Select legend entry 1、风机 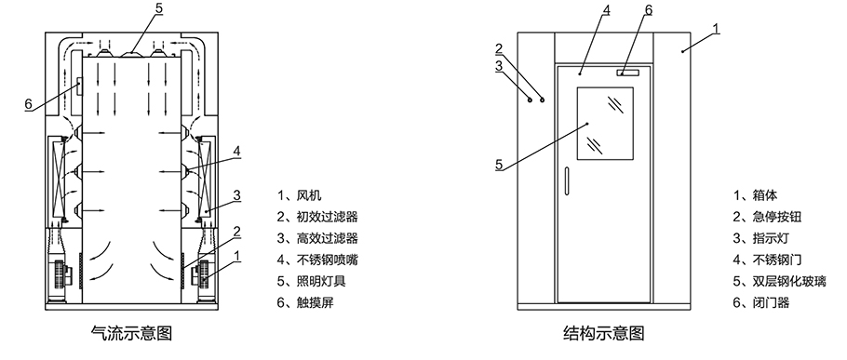click(x=298, y=195)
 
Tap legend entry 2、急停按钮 click(x=765, y=217)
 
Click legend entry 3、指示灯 click(x=759, y=238)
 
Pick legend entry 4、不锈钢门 click(x=765, y=260)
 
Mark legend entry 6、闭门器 click(x=759, y=302)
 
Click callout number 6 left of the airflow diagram click(x=28, y=103)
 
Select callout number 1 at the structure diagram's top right click(x=717, y=29)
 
